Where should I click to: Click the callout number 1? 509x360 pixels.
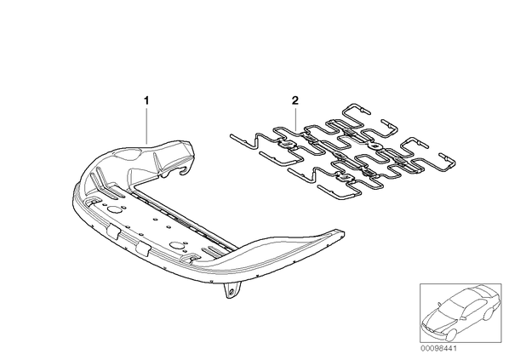(x=146, y=100)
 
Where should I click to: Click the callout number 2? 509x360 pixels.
(x=295, y=100)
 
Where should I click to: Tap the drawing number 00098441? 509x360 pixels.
(x=438, y=348)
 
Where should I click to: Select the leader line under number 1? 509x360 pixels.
(x=146, y=125)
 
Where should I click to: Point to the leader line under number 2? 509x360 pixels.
(x=295, y=119)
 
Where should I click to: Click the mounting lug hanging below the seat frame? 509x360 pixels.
(x=232, y=289)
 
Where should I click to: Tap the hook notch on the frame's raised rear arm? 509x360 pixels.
(x=185, y=170)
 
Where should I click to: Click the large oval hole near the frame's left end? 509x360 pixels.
(x=114, y=210)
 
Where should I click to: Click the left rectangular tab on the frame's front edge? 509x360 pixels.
(x=113, y=231)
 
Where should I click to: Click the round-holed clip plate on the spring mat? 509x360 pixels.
(x=375, y=146)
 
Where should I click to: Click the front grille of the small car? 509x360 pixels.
(x=429, y=327)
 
